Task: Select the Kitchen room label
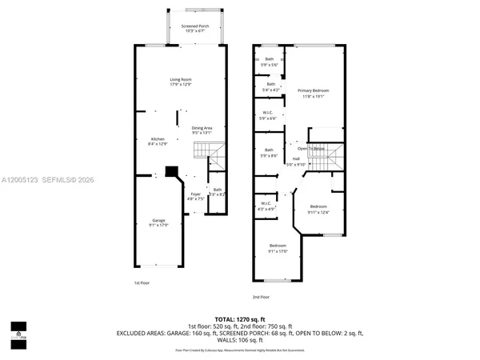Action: (x=157, y=141)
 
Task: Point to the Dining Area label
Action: (x=202, y=130)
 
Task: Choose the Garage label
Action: (x=158, y=222)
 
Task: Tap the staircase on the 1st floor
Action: (x=206, y=150)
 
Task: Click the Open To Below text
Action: (x=311, y=149)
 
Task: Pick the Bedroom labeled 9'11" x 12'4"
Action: (x=318, y=209)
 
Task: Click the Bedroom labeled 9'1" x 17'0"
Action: (x=278, y=247)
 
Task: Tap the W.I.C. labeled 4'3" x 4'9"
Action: (x=267, y=206)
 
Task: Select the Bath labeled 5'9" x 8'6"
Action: (x=270, y=153)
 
